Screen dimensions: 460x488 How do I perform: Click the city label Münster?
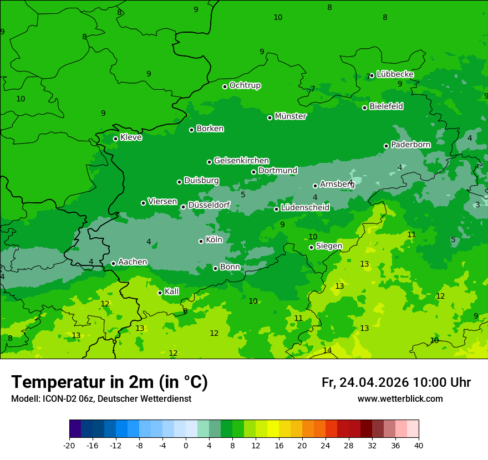click(x=290, y=116)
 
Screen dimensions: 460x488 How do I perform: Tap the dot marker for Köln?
click(x=201, y=241)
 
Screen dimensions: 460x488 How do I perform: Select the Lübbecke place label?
click(x=395, y=74)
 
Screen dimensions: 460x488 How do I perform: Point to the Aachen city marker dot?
click(x=113, y=263)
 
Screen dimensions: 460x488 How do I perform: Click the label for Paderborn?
click(x=410, y=145)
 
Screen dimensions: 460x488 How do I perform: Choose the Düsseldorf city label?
click(x=209, y=205)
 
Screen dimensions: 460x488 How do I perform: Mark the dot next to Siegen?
click(x=311, y=247)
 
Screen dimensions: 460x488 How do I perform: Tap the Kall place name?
click(x=172, y=292)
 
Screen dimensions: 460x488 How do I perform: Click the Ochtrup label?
click(x=245, y=85)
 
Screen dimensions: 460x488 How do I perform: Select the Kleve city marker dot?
click(x=115, y=139)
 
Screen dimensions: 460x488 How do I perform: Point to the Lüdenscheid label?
click(x=305, y=208)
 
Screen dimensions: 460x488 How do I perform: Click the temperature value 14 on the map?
click(x=327, y=350)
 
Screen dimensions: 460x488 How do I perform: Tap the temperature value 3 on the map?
click(x=477, y=205)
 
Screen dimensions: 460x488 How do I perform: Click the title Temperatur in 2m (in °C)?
click(x=109, y=382)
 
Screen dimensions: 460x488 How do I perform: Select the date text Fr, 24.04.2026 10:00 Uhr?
click(x=396, y=382)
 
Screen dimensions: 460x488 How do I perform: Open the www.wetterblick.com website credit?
click(x=400, y=399)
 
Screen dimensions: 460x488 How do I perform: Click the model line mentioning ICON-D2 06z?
click(x=101, y=399)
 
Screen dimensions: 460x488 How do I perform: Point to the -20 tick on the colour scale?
click(x=69, y=446)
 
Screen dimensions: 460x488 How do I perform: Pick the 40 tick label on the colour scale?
click(x=418, y=446)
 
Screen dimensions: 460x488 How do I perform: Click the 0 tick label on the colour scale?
click(x=186, y=446)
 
